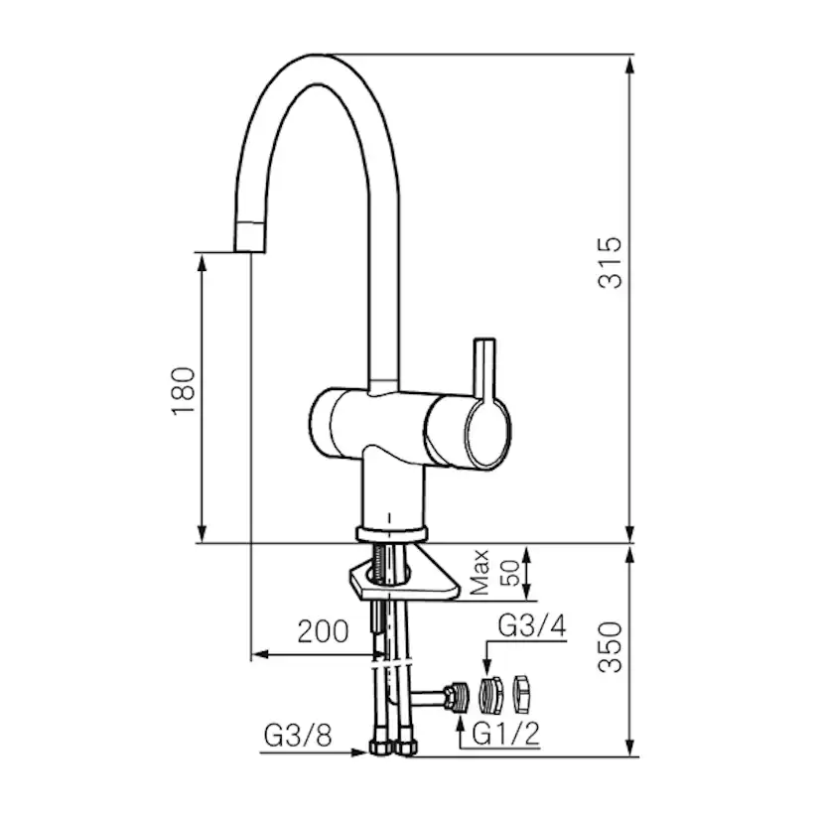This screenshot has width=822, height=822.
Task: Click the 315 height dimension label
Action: (x=611, y=263)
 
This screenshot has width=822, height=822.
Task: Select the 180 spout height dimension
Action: (x=184, y=390)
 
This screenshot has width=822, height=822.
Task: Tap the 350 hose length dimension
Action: (x=611, y=647)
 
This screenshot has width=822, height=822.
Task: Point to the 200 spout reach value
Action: (x=323, y=631)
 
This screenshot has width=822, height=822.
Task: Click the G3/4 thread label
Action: (x=532, y=625)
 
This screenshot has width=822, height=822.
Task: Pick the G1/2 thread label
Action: (x=506, y=734)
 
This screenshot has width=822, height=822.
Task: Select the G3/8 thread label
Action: (x=298, y=736)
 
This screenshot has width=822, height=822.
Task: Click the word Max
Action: (x=479, y=572)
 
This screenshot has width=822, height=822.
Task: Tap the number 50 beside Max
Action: (x=509, y=573)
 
